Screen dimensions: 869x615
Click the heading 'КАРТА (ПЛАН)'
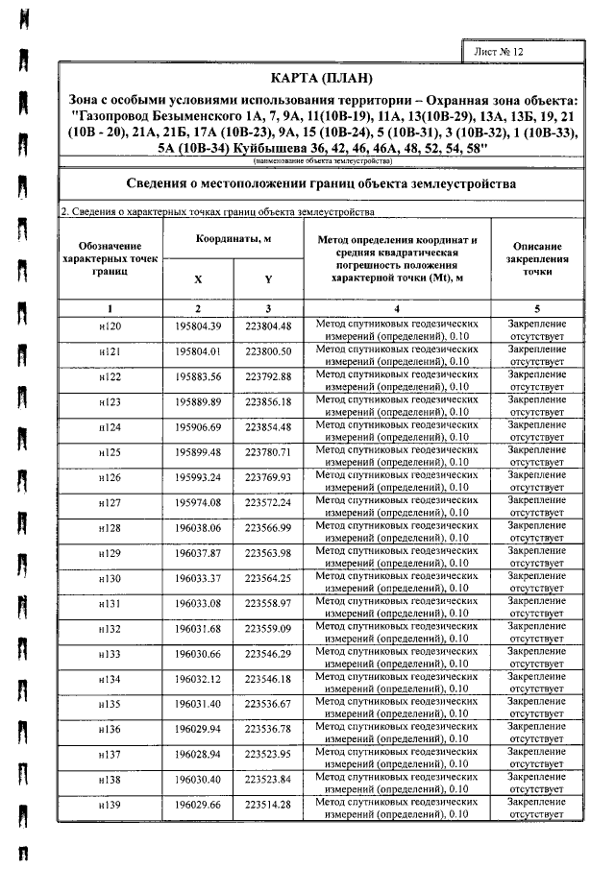click(x=323, y=78)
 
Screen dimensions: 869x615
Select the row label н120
click(x=111, y=326)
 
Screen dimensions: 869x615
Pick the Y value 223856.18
click(x=268, y=400)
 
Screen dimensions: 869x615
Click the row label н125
click(x=111, y=451)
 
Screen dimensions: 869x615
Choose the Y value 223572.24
click(x=268, y=501)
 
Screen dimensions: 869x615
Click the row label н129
click(x=111, y=552)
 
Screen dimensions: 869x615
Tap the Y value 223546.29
click(x=268, y=653)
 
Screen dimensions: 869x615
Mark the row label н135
click(x=111, y=703)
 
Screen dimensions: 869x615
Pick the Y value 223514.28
click(x=268, y=804)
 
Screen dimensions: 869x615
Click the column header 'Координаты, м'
click(x=234, y=238)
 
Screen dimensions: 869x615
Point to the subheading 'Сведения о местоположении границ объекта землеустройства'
click(x=323, y=183)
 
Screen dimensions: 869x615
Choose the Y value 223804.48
click(x=268, y=326)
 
